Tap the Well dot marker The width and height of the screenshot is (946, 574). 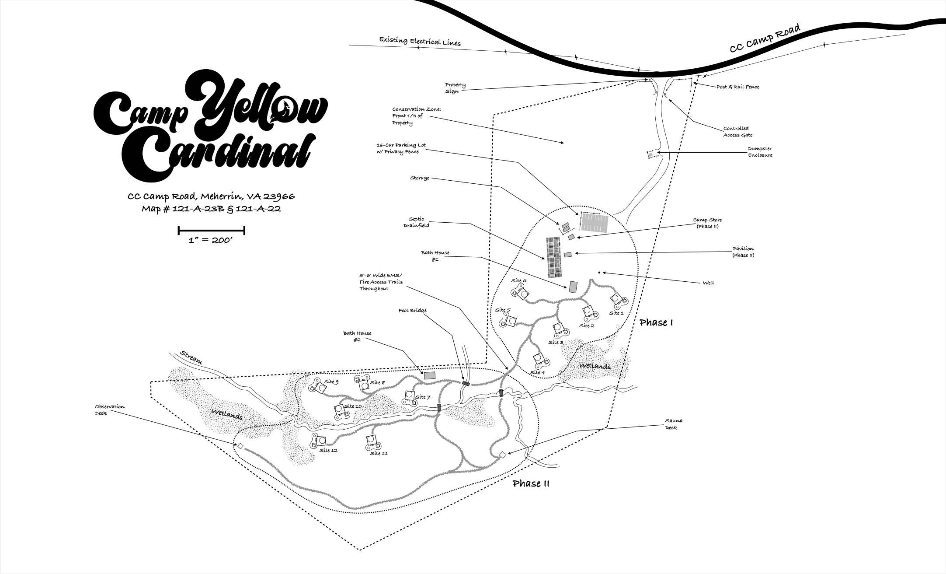[599, 273]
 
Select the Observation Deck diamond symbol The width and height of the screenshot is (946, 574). [240, 446]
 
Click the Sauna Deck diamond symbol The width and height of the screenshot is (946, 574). [502, 455]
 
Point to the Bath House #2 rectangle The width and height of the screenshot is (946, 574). [430, 375]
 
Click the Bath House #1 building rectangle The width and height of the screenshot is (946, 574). [573, 287]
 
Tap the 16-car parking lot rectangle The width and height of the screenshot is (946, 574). [594, 223]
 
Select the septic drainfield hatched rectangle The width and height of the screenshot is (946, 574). [554, 257]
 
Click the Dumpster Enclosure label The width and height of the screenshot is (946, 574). [760, 152]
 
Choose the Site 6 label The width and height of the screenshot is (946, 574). [519, 280]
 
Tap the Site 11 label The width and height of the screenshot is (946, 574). [379, 453]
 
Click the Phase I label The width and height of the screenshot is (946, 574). [656, 322]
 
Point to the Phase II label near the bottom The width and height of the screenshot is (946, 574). [531, 483]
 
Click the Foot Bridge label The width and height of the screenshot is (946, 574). [412, 311]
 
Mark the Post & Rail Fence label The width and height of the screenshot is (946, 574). [737, 87]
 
